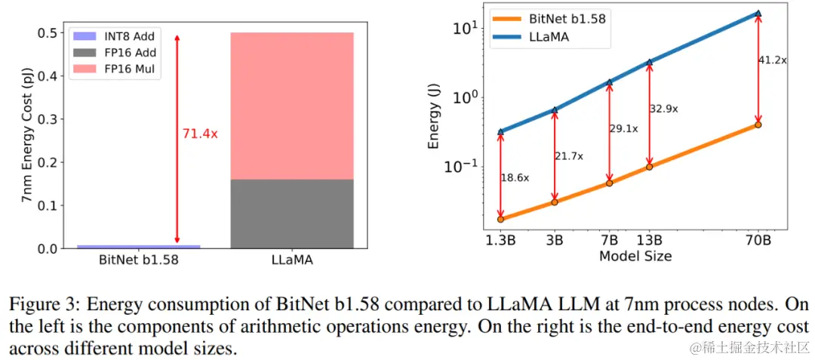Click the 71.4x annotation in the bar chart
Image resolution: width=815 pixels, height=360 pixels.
201,134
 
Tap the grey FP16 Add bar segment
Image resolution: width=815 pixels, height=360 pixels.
291,214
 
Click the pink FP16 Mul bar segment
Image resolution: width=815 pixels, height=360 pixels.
291,106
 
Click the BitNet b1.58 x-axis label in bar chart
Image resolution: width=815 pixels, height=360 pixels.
138,261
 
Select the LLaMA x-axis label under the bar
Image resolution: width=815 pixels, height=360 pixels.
291,261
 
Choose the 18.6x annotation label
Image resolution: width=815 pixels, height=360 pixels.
515,177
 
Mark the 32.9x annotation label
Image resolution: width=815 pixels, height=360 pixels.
664,109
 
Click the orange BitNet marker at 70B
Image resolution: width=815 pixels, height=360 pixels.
758,125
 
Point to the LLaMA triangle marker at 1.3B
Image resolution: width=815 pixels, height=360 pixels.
500,131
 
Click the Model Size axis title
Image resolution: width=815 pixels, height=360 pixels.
635,256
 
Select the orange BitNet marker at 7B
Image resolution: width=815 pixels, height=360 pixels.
609,183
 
